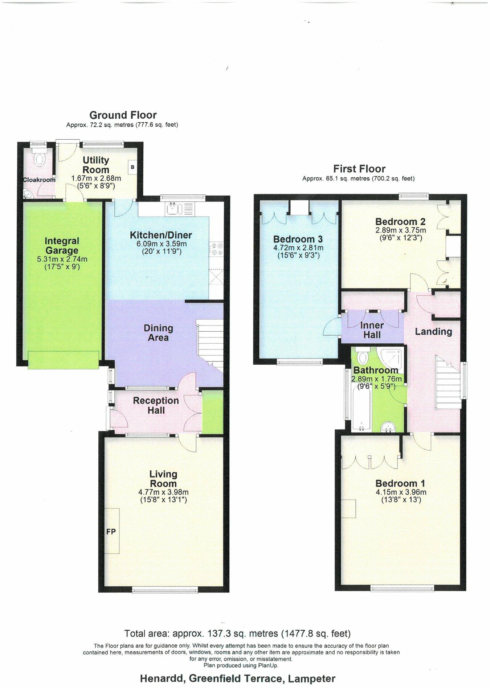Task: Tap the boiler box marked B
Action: [x=132, y=167]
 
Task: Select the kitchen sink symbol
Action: [x=171, y=209]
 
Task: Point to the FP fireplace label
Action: [x=111, y=531]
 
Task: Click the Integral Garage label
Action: [x=62, y=246]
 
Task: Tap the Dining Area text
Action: [x=158, y=333]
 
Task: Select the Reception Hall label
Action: [x=156, y=405]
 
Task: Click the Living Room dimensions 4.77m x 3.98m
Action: [x=163, y=492]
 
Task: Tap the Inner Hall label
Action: [x=372, y=330]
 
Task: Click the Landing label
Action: [x=433, y=332]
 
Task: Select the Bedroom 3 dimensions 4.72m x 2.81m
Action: [x=298, y=248]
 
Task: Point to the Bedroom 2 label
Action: [x=400, y=221]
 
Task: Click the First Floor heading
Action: [x=359, y=169]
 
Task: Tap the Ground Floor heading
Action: [x=123, y=115]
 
